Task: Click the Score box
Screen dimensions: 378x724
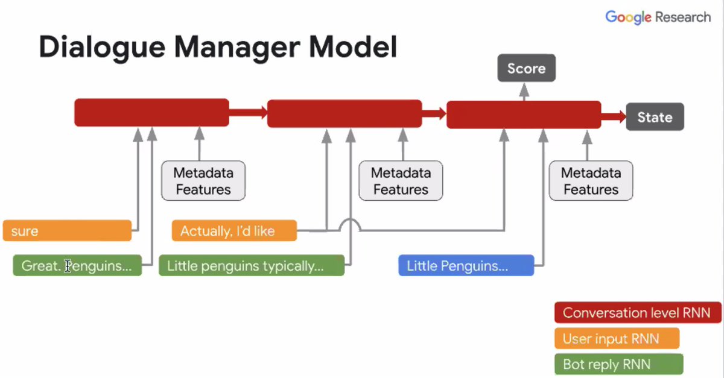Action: point(526,69)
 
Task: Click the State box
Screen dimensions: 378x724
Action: point(655,117)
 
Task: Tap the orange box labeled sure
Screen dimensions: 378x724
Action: point(67,230)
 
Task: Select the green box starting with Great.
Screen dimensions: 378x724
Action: point(77,265)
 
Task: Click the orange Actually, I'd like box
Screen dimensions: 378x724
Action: point(234,230)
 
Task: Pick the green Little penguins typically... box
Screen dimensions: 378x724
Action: point(251,265)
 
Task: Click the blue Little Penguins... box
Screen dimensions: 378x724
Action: point(466,265)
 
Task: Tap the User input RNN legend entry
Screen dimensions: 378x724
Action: point(617,339)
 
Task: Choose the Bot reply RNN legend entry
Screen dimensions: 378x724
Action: point(618,364)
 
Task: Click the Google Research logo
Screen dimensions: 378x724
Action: point(658,17)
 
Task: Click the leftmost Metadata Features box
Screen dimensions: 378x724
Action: point(203,181)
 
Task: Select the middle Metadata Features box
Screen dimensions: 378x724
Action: point(401,181)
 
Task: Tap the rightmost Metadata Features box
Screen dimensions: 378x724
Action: point(591,181)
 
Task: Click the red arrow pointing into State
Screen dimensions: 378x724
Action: point(614,117)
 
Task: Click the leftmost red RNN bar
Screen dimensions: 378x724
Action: point(151,113)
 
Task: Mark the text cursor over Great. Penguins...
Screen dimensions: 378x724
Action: point(68,266)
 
